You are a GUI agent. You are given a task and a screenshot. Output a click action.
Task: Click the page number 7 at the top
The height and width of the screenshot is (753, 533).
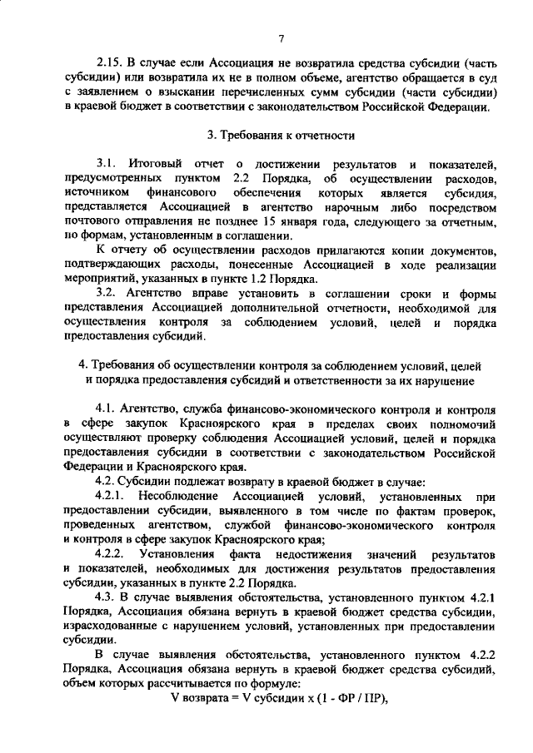282,37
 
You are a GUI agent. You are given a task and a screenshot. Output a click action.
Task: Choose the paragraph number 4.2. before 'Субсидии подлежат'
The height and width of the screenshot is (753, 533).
108,480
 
